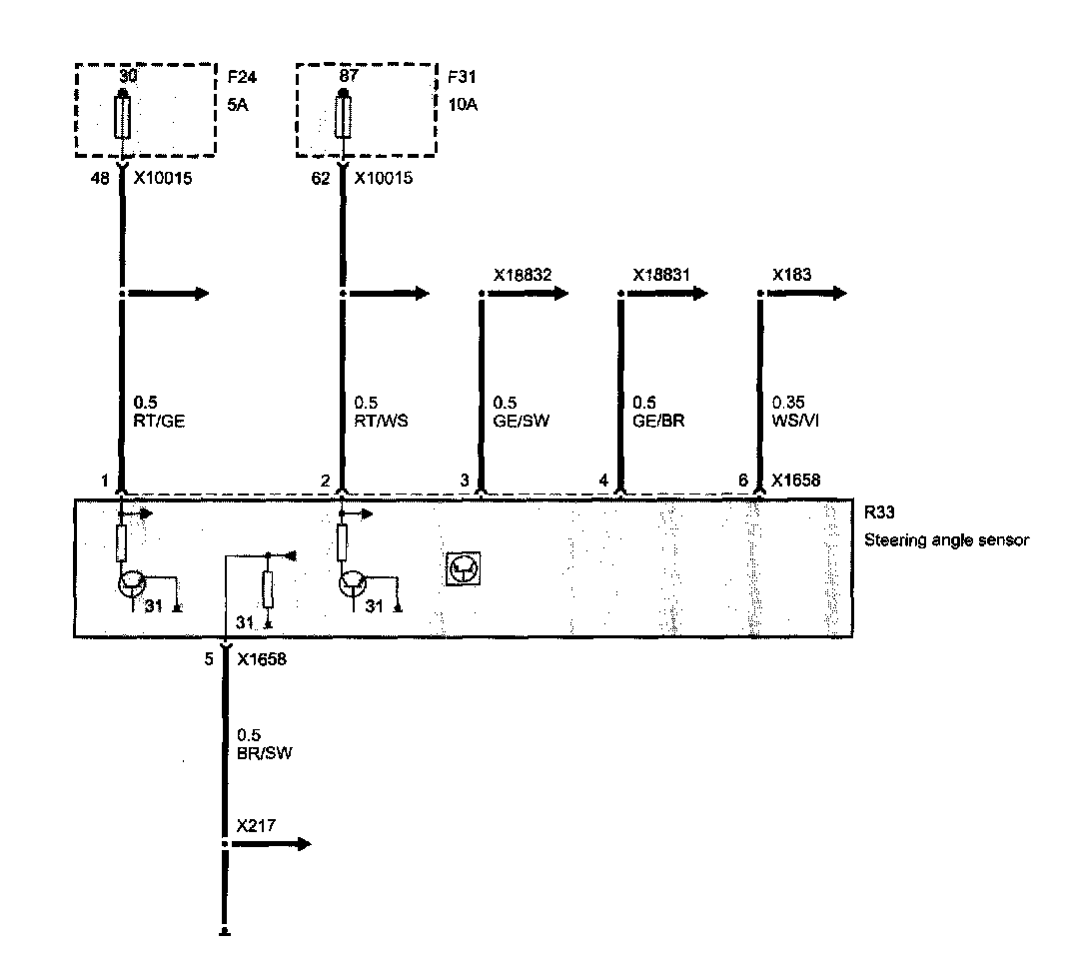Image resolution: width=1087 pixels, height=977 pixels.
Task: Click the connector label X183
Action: (791, 274)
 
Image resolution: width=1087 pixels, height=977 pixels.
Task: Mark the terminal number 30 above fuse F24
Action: (124, 75)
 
